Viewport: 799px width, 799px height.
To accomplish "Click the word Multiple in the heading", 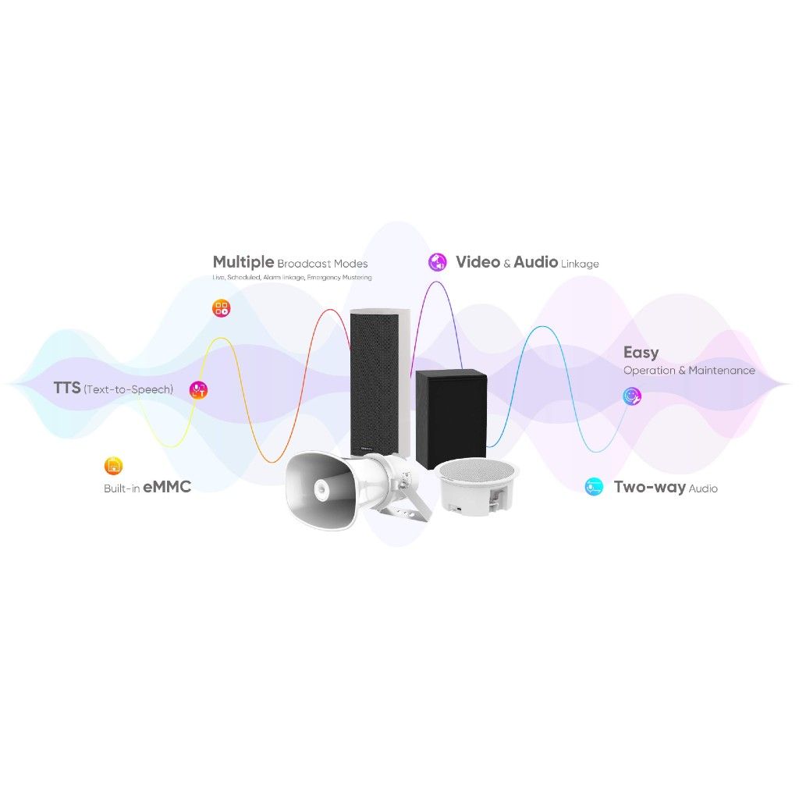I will (x=243, y=262).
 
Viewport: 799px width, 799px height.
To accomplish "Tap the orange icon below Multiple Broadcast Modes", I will (x=222, y=307).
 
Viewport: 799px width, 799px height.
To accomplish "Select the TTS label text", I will (x=66, y=387).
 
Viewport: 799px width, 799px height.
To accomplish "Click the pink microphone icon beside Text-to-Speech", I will (x=199, y=389).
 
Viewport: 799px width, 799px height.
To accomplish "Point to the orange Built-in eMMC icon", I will (x=113, y=467).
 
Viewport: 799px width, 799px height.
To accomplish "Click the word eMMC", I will (x=167, y=488).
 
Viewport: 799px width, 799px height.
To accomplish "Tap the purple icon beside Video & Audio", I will (x=437, y=262).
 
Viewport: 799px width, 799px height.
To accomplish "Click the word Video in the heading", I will (x=478, y=262).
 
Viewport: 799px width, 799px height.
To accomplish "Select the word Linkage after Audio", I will (x=580, y=264).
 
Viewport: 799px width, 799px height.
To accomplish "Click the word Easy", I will (x=641, y=353).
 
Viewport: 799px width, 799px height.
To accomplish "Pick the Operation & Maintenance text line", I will (x=689, y=370).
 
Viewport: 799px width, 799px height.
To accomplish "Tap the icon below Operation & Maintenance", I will (x=632, y=396).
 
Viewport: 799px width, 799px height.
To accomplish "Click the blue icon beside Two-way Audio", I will (x=594, y=488).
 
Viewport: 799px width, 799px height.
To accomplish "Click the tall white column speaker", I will (x=379, y=382).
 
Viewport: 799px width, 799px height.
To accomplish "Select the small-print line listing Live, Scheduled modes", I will (x=292, y=278).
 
